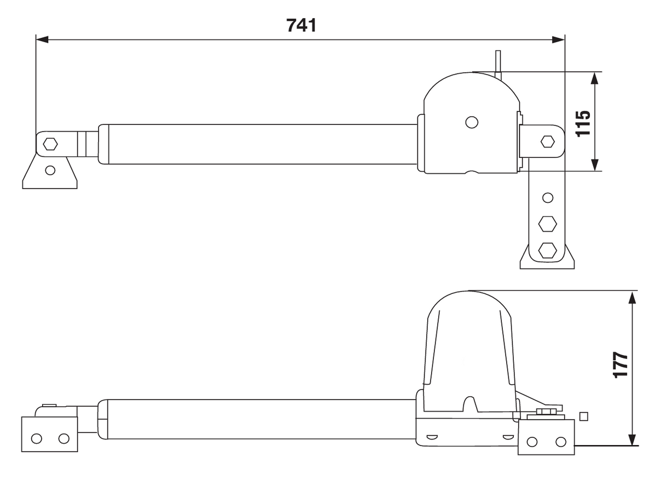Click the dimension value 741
point(301,25)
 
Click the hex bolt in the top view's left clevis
point(50,144)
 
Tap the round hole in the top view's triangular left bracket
point(50,170)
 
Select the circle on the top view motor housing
point(471,122)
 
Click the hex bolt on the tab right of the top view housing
point(547,141)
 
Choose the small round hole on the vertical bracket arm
point(547,197)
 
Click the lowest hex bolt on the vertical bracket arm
point(547,250)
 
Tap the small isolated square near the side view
point(584,416)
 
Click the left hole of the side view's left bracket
point(37,438)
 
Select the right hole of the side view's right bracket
point(560,442)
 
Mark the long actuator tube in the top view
point(257,144)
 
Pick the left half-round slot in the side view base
point(432,436)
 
